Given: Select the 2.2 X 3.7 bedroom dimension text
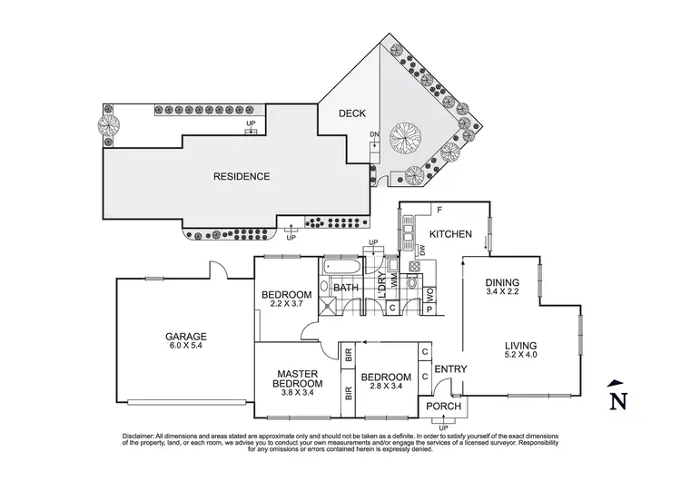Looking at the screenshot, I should (287, 304).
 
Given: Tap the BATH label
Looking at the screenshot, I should (346, 289).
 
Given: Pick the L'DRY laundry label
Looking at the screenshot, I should (382, 289).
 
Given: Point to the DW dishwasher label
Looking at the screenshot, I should (421, 250).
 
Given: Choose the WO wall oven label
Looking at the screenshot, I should (430, 293).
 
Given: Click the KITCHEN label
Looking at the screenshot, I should (450, 234).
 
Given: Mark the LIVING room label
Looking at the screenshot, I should (522, 346).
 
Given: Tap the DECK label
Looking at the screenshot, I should (351, 113).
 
